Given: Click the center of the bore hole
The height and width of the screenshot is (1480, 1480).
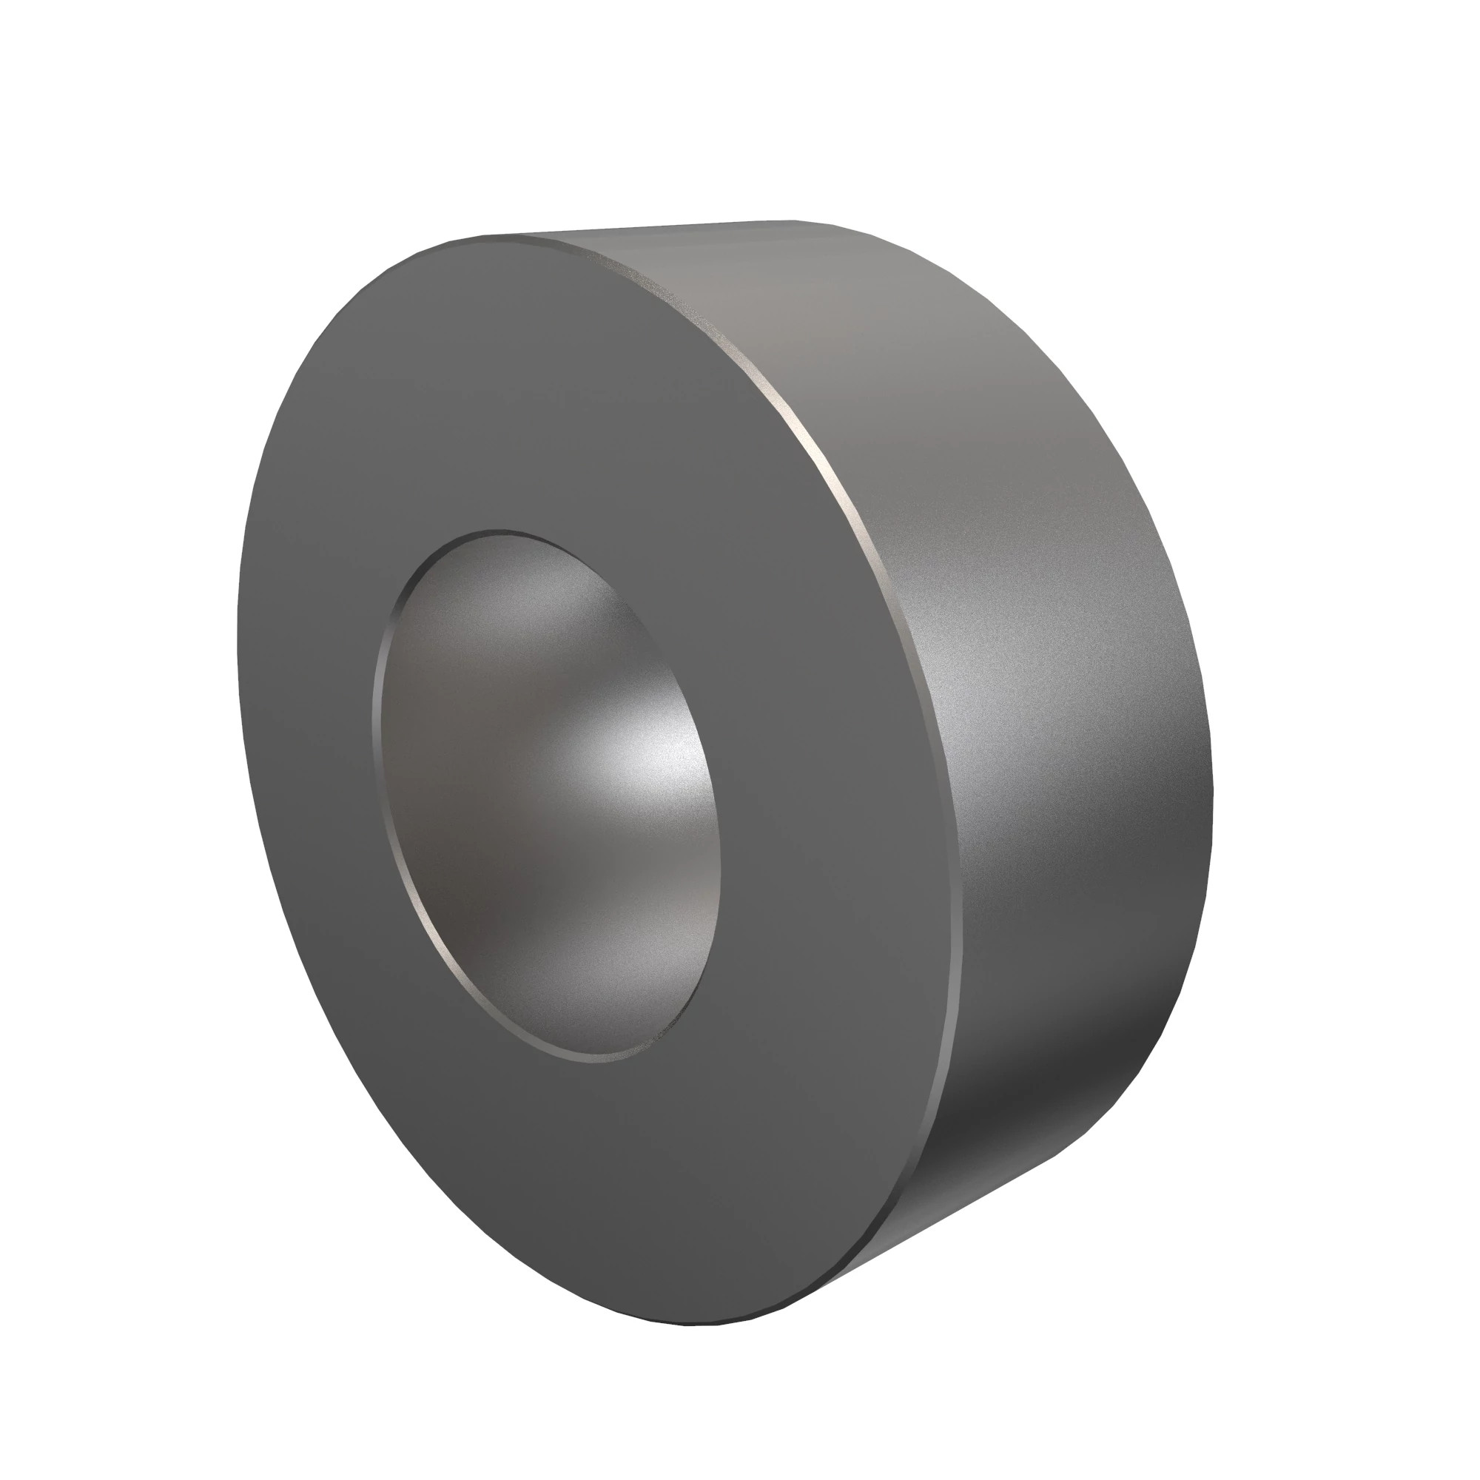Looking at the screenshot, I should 545,797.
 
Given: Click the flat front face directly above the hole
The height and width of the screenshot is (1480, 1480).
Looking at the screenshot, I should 521,383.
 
